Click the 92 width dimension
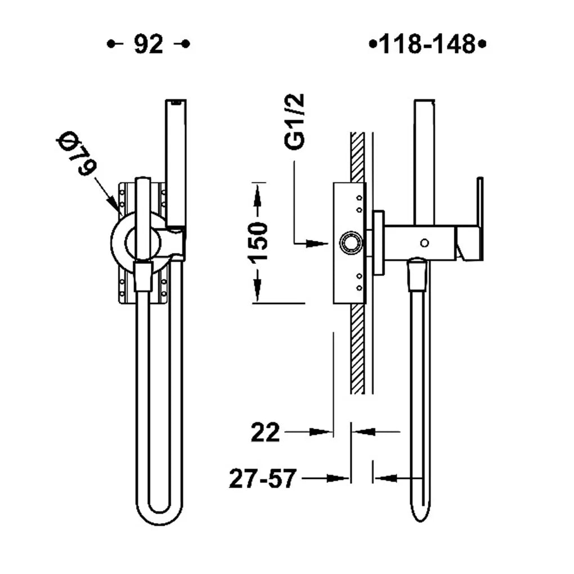click(148, 44)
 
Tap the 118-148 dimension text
click(427, 44)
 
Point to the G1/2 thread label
click(295, 122)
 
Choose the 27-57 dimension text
click(262, 478)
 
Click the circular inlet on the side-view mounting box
click(351, 243)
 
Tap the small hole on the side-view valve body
click(425, 243)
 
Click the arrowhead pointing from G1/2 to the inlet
click(317, 243)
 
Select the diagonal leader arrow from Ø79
click(106, 194)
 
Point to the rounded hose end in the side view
click(420, 513)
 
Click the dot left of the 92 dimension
click(110, 44)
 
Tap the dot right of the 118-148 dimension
click(482, 44)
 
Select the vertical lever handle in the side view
click(479, 219)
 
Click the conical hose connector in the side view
click(419, 273)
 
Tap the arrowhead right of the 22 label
click(321, 432)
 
